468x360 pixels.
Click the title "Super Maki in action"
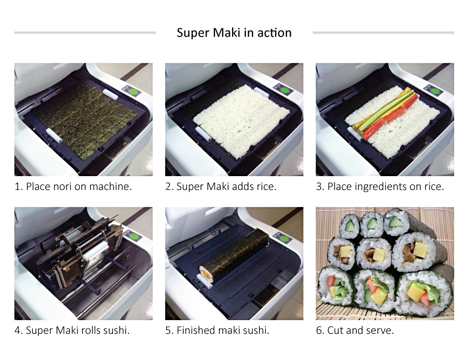(x=234, y=33)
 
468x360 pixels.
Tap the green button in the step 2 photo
(x=285, y=90)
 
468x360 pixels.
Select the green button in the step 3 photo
(x=435, y=90)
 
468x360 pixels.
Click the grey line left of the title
(x=85, y=33)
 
